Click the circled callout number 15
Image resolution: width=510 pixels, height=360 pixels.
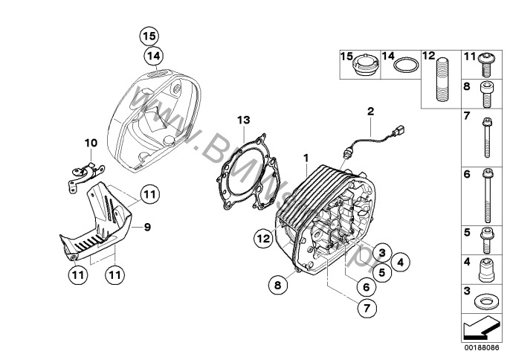[149, 35]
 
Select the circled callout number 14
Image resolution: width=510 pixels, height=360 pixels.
[153, 55]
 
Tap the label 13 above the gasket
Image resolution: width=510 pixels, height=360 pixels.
[244, 120]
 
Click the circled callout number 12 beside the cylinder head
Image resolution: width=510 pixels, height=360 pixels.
[262, 239]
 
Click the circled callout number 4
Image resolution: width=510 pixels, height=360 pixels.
[400, 261]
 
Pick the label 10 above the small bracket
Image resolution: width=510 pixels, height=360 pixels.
[91, 142]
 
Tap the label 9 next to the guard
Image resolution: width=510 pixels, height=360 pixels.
[146, 227]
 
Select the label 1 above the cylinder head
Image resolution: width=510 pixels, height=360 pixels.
[306, 157]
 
